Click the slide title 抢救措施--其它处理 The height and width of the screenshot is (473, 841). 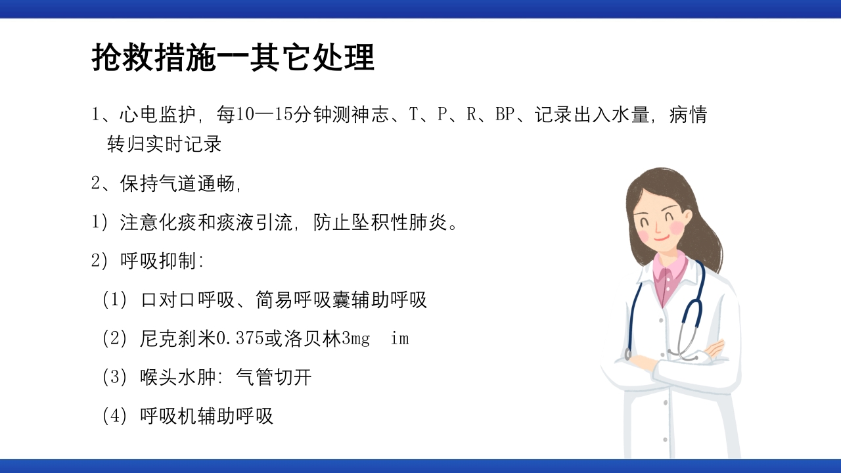233,58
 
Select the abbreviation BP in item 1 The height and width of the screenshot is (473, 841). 505,115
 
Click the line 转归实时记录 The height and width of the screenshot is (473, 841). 164,144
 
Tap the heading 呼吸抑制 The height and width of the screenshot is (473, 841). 158,261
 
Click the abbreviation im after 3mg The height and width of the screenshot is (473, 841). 399,339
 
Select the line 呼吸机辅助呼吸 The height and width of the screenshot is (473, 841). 206,416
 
